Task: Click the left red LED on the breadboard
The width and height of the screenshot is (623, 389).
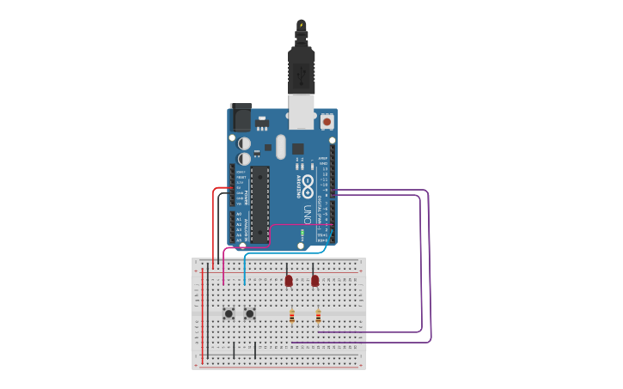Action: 289,281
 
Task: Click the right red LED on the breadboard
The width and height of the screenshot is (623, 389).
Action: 315,281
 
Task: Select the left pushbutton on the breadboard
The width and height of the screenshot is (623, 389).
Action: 229,313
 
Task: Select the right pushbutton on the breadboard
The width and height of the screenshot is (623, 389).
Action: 249,313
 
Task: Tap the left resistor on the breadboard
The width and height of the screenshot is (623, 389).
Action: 292,317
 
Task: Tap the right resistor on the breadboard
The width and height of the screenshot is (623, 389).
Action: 318,317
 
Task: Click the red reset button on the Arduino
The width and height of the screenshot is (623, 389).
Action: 327,123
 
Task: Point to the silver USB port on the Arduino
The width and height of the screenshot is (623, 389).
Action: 301,112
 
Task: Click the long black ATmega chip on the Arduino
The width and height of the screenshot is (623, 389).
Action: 260,204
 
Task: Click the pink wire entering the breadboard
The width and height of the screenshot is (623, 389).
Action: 223,266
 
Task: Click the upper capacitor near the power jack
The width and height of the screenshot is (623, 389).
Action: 245,143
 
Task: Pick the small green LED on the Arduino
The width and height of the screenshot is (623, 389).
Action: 302,233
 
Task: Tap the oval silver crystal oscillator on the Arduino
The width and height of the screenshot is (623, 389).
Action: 281,147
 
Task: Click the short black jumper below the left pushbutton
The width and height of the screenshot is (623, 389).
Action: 234,349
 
